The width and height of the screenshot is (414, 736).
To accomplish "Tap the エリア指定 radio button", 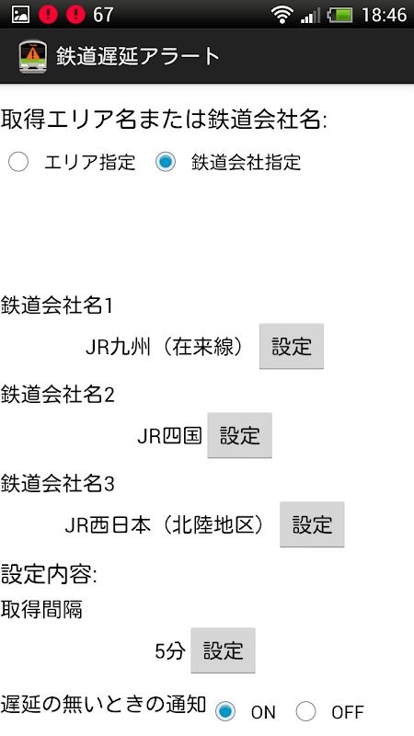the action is tap(18, 163).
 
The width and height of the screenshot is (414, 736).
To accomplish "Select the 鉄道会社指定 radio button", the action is tap(166, 163).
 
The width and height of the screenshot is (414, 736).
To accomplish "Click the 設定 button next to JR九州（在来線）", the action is tap(292, 347).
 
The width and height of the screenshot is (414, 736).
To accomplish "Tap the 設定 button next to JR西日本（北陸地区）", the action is tap(312, 524).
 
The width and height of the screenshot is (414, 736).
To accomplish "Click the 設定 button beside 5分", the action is tap(223, 650).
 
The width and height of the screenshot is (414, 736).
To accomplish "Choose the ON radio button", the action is tap(225, 711).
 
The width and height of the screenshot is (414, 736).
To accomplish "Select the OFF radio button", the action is tap(305, 711).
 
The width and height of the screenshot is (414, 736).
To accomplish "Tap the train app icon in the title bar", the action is tap(33, 56).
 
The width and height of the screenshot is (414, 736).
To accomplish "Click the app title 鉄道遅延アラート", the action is tap(138, 56).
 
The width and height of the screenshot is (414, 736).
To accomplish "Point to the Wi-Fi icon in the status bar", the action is tap(282, 15).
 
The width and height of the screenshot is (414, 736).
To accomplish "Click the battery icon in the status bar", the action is tap(340, 15).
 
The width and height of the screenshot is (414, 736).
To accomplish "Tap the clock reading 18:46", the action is tap(384, 15).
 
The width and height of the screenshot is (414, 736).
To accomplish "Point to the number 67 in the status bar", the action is tap(103, 15).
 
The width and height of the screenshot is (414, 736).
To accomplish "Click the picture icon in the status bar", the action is tap(20, 15).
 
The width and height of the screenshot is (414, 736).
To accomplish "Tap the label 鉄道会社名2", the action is tap(57, 395).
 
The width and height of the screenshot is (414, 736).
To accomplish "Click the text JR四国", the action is tap(169, 435).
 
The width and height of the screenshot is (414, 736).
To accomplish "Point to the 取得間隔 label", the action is tap(41, 609).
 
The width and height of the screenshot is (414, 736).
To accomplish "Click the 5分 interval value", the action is tap(170, 651).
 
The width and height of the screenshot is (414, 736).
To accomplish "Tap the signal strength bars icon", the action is tap(310, 16).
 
